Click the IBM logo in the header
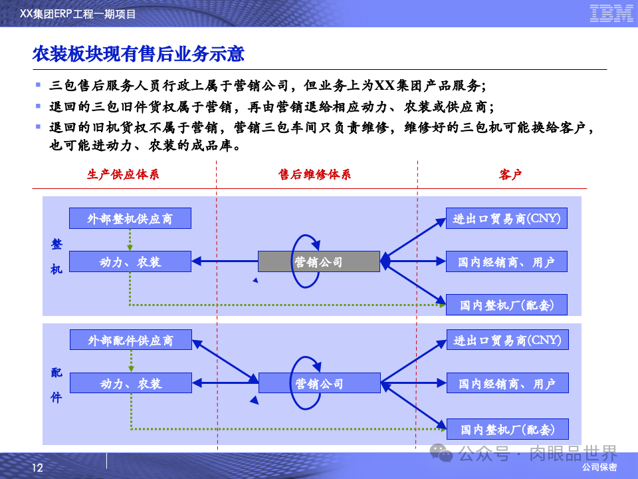(611, 13)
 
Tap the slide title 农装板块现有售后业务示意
(138, 54)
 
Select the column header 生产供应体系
(123, 175)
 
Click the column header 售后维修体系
(314, 175)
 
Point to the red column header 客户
(510, 175)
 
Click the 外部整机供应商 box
(130, 218)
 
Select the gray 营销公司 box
(319, 261)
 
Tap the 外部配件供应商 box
(131, 340)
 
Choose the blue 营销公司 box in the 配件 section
(319, 383)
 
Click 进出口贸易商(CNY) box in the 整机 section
(506, 218)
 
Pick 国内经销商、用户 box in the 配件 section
(506, 383)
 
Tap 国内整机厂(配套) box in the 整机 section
(506, 305)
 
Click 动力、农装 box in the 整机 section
(130, 261)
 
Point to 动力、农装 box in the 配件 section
(131, 383)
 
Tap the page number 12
(37, 468)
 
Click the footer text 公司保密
(599, 468)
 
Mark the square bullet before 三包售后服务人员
(39, 86)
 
